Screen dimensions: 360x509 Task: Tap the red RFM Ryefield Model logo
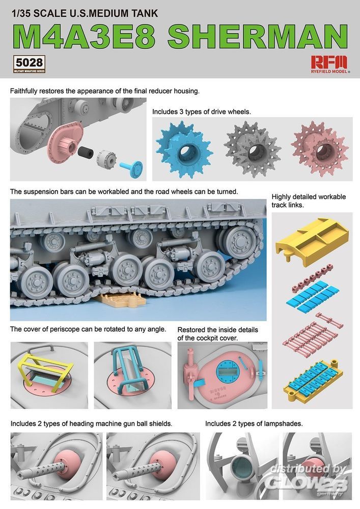(329, 64)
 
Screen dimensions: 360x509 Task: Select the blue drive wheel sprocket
(183, 149)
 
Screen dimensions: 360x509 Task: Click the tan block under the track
(123, 299)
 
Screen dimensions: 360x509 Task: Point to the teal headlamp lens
(241, 466)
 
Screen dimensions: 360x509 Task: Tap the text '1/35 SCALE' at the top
(29, 13)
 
